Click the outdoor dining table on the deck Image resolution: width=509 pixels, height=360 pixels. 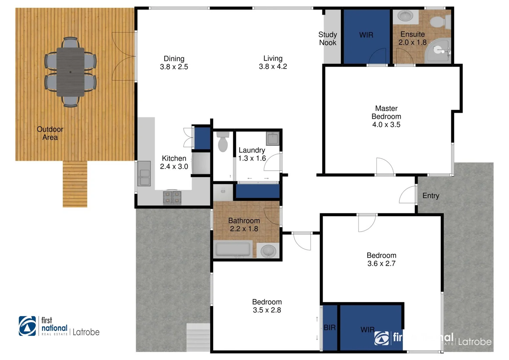tap(70, 72)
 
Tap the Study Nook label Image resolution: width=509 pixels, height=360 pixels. tap(328, 39)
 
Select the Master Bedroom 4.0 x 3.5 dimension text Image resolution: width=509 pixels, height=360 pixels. tap(386, 125)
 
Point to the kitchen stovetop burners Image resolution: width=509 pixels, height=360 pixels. tap(172, 197)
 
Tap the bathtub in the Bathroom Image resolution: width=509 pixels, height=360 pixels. tap(233, 249)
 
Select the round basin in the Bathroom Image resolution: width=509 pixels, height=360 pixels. tap(268, 251)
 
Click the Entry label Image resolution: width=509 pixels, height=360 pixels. tap(431, 196)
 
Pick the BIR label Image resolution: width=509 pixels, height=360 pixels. tap(329, 328)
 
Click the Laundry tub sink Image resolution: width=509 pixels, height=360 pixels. tap(273, 138)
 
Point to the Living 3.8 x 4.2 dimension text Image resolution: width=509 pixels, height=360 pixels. tap(273, 67)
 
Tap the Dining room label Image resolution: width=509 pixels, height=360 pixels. tap(174, 59)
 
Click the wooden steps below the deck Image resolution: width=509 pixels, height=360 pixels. tap(75, 184)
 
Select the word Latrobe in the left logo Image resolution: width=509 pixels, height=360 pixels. tap(86, 332)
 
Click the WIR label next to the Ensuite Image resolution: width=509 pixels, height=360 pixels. tap(366, 35)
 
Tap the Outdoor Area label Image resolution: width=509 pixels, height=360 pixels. tap(50, 133)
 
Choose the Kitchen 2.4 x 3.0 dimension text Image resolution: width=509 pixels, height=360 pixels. tap(174, 166)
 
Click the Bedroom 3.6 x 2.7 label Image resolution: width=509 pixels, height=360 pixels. tap(381, 259)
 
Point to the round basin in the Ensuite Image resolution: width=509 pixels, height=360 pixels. tap(405, 15)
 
